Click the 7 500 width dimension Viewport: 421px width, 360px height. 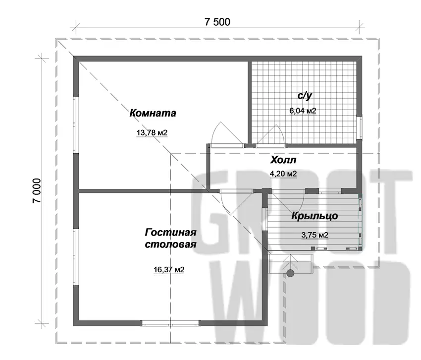pyautogui.click(x=217, y=22)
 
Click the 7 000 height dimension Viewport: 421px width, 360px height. pyautogui.click(x=37, y=190)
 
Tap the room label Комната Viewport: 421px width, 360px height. pyautogui.click(x=153, y=113)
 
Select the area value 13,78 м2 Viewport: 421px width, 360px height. pyautogui.click(x=152, y=132)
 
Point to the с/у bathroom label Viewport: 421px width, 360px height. pyautogui.click(x=305, y=96)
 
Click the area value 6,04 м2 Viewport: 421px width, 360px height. pyautogui.click(x=303, y=111)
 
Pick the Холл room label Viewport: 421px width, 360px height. pyautogui.click(x=283, y=160)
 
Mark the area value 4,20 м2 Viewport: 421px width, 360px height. pyautogui.click(x=283, y=174)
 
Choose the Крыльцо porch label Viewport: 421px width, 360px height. pyautogui.click(x=315, y=216)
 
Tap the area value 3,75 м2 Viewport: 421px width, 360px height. pyautogui.click(x=315, y=235)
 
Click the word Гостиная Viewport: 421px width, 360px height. pyautogui.click(x=171, y=232)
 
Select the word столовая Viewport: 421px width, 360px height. pyautogui.click(x=171, y=244)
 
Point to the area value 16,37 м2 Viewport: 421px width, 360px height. pyautogui.click(x=169, y=269)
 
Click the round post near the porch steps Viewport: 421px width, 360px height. pyautogui.click(x=290, y=273)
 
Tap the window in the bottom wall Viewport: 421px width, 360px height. pyautogui.click(x=170, y=323)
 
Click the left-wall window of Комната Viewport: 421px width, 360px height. pyautogui.click(x=76, y=124)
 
